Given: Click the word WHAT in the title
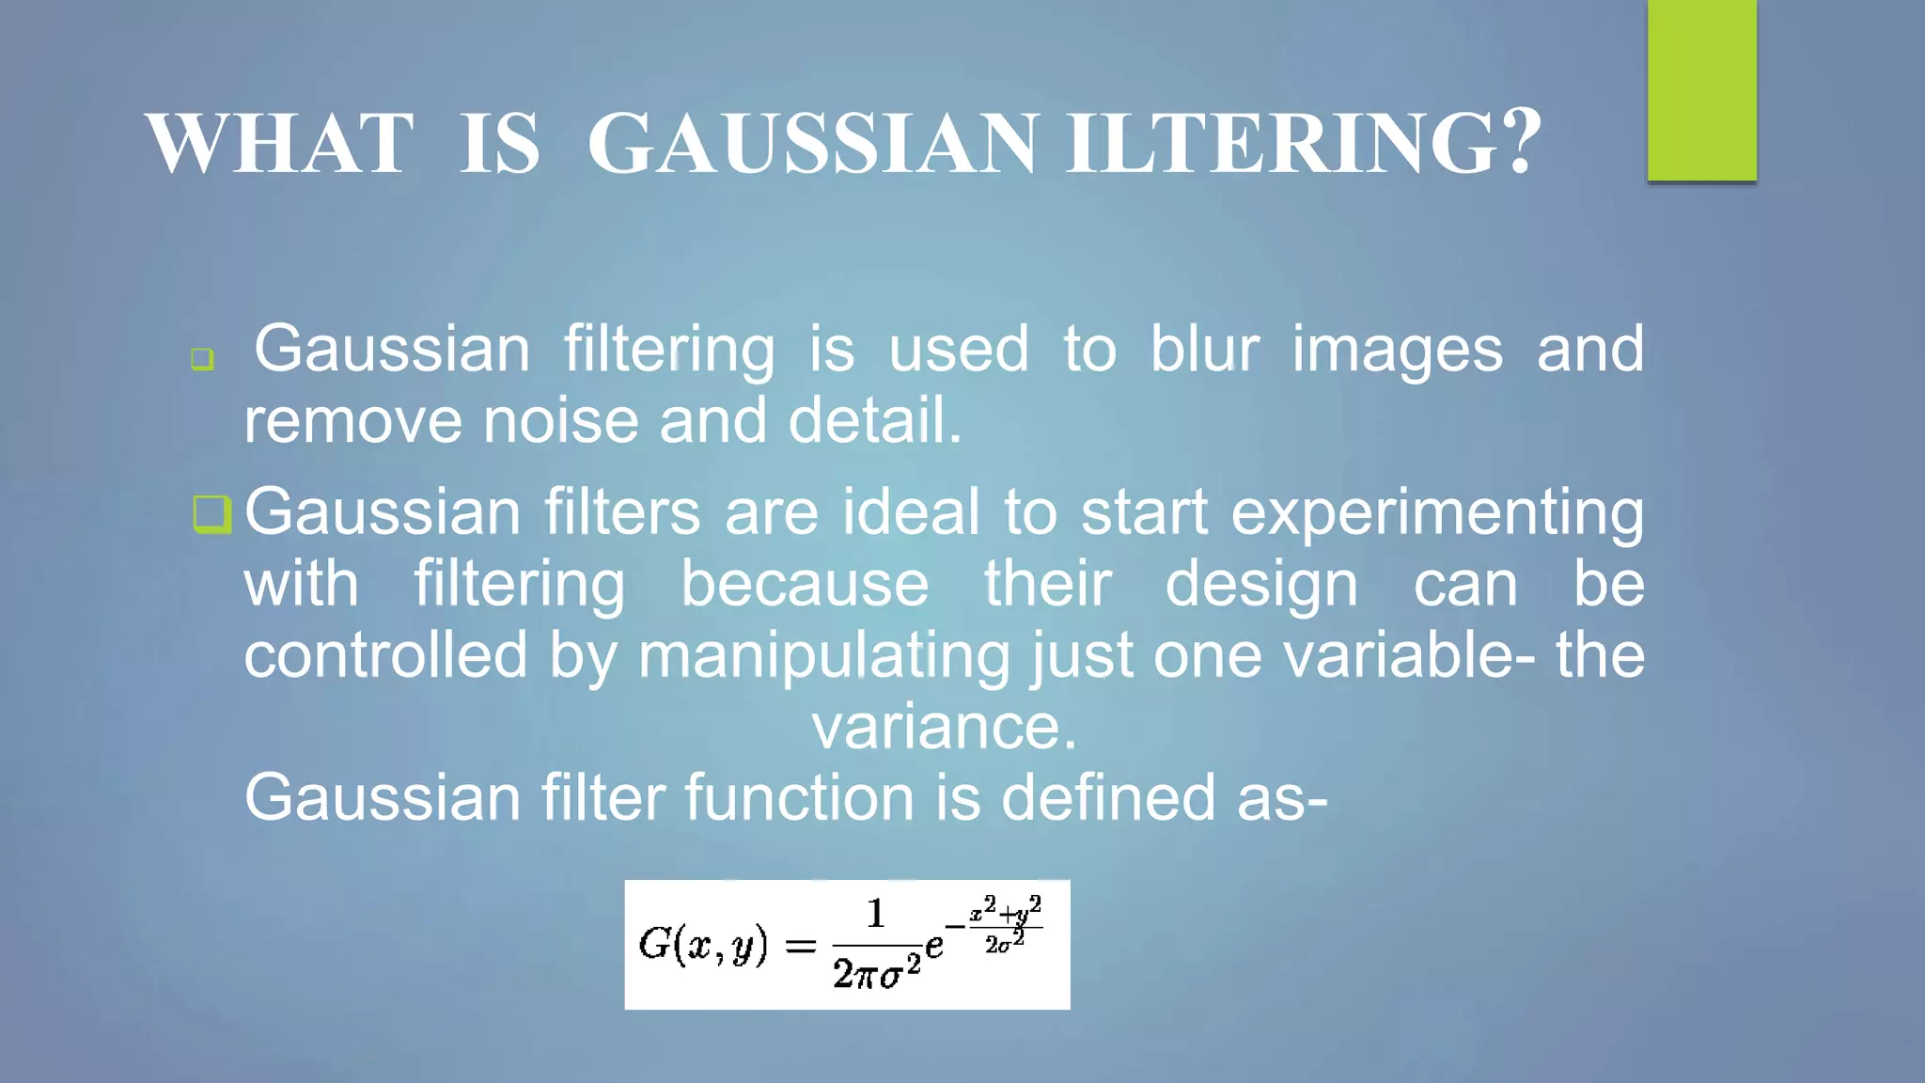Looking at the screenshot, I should coord(279,144).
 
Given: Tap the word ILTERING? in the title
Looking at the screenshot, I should coord(1304,144).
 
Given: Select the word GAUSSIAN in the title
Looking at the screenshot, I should coord(813,144).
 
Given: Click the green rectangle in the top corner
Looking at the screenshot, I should coord(1701,90).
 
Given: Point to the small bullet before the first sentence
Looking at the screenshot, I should coord(202,358).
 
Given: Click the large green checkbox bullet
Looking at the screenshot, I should coord(211,514).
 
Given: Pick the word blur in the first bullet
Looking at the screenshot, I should coord(1204,349).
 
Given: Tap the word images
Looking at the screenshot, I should coord(1397,351).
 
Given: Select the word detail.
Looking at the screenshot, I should coord(874,419).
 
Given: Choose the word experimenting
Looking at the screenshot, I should coord(1437,514).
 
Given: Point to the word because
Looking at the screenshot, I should coord(805,584).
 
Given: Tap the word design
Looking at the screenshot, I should coord(1261,586).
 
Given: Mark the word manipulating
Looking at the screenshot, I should coord(823,656).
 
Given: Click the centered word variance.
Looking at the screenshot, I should coord(944,727).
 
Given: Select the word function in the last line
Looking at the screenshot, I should coord(799,797).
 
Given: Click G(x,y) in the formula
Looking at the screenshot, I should coord(702,944).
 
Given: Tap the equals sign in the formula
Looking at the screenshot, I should coord(800,945).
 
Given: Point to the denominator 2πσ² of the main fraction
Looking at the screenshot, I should coord(876,971).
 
